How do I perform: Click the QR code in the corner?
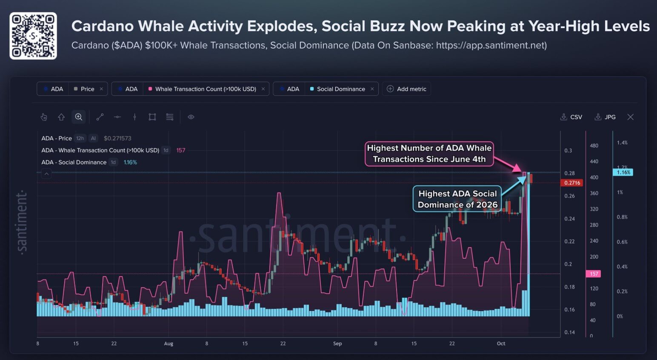[x=33, y=36]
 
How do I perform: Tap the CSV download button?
[x=571, y=117]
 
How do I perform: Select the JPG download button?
[x=605, y=117]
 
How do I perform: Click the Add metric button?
[x=406, y=89]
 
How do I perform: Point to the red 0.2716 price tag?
[x=571, y=183]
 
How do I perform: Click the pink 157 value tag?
[x=593, y=274]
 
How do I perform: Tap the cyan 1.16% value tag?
[x=623, y=172]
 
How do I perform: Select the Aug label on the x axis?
[x=169, y=343]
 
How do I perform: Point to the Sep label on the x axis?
[x=337, y=343]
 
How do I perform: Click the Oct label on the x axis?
[x=501, y=343]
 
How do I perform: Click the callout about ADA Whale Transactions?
[x=429, y=154]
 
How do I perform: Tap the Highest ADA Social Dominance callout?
[x=457, y=199]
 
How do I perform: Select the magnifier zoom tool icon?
[x=79, y=117]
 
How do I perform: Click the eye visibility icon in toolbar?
[x=191, y=117]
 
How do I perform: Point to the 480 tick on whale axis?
[x=594, y=146]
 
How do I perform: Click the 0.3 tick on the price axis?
[x=568, y=151]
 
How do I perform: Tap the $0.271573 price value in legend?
[x=117, y=138]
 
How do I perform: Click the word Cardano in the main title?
[x=102, y=26]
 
